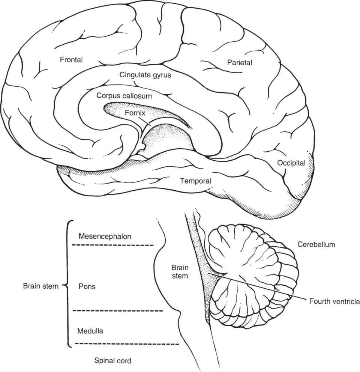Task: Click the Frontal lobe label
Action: click(71, 60)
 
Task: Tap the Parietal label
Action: click(240, 63)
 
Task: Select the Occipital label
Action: click(291, 163)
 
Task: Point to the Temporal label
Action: click(195, 181)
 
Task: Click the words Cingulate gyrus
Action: click(145, 75)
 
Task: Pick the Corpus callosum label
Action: click(124, 96)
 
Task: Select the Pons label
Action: click(87, 286)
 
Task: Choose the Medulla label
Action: click(90, 331)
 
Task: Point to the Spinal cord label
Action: click(112, 361)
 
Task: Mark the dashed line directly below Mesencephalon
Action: click(113, 245)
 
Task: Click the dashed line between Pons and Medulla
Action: click(117, 311)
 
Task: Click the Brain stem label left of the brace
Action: click(40, 286)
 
